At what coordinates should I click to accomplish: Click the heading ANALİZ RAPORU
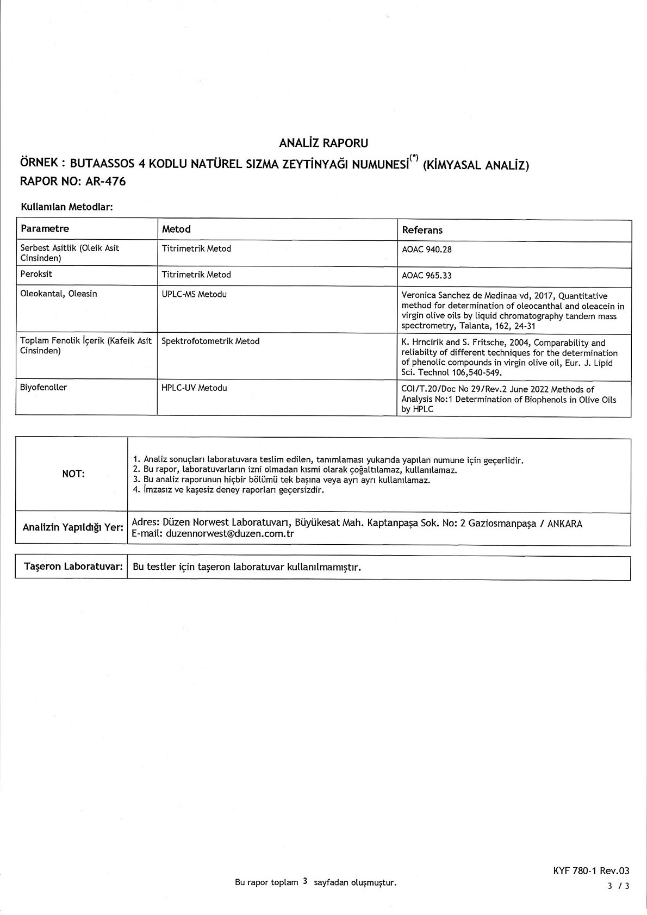pyautogui.click(x=323, y=143)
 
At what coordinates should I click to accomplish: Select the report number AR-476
pyautogui.click(x=105, y=182)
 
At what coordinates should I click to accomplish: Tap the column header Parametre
pyautogui.click(x=45, y=228)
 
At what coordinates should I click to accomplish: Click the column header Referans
pyautogui.click(x=422, y=230)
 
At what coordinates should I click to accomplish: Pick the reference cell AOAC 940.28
pyautogui.click(x=427, y=250)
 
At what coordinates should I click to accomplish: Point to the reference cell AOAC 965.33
pyautogui.click(x=427, y=276)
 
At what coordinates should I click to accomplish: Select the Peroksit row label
pyautogui.click(x=36, y=275)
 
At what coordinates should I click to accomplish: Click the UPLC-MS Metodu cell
pyautogui.click(x=194, y=294)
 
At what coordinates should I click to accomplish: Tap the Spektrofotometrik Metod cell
pyautogui.click(x=210, y=341)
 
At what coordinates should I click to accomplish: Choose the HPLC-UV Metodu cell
pyautogui.click(x=194, y=388)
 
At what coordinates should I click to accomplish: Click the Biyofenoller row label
pyautogui.click(x=43, y=388)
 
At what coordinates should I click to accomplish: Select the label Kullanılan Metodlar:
pyautogui.click(x=66, y=207)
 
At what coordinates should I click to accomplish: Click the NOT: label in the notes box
pyautogui.click(x=73, y=474)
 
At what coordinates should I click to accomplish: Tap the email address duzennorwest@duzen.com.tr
pyautogui.click(x=230, y=534)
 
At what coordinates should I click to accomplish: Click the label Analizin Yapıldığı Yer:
pyautogui.click(x=73, y=527)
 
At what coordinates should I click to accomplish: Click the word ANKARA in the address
pyautogui.click(x=565, y=524)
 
